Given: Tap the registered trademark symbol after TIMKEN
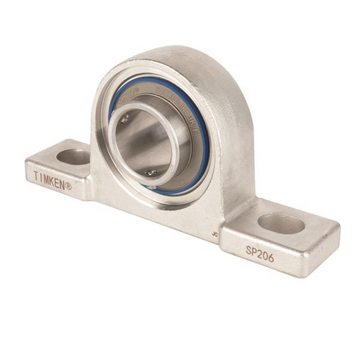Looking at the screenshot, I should [x=69, y=186].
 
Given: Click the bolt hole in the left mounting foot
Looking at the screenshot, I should [x=73, y=156].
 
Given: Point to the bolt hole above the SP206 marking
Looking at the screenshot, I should [x=281, y=223].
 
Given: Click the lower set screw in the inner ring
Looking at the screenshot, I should [x=150, y=172].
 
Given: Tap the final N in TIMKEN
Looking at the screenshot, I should [x=63, y=184].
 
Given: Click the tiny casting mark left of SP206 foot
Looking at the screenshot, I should [x=215, y=233].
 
